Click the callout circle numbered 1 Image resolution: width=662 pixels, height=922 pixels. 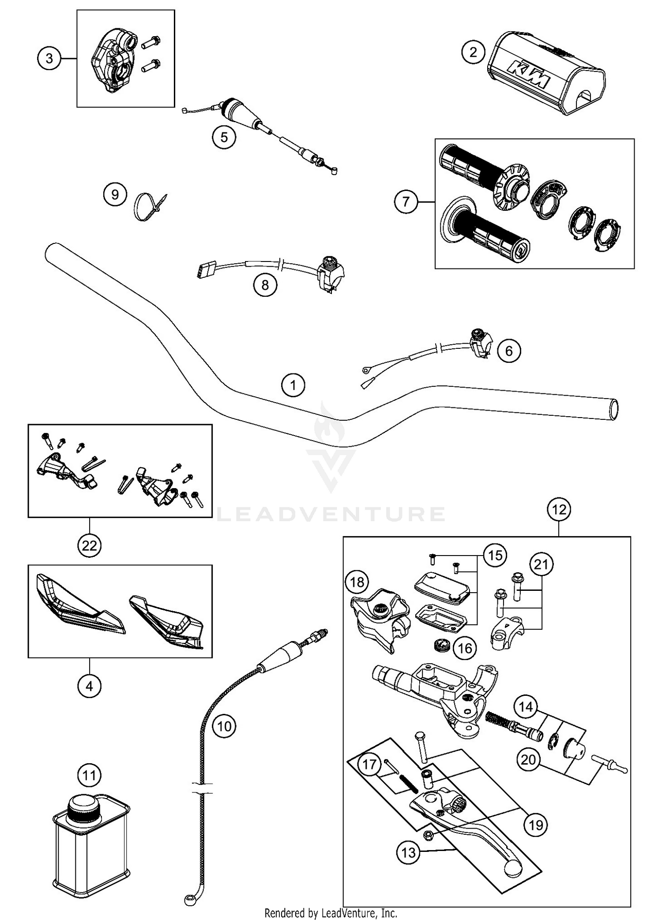(x=293, y=385)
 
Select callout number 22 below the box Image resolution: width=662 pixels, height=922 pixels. (x=90, y=546)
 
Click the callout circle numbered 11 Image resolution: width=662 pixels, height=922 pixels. (x=90, y=775)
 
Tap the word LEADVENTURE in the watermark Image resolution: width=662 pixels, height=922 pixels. (x=331, y=514)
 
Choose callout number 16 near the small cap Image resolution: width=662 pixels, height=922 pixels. (x=465, y=648)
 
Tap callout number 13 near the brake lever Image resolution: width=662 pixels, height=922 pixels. (x=409, y=852)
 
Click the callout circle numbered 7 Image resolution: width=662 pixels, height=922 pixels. (x=406, y=202)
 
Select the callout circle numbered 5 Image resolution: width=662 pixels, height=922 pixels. (x=224, y=137)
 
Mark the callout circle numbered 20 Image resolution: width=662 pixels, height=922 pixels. (x=528, y=760)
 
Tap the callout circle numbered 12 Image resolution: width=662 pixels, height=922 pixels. (x=559, y=510)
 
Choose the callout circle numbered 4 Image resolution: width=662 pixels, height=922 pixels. (x=90, y=686)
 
